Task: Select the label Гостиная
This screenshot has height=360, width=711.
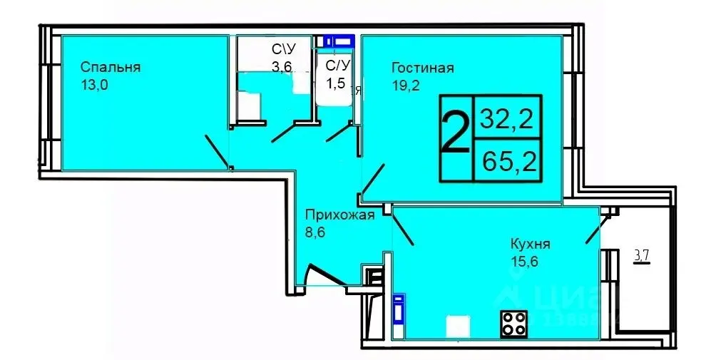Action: [422, 68]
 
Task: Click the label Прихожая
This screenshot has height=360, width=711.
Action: [339, 215]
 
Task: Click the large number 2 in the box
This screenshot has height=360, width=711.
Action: [455, 135]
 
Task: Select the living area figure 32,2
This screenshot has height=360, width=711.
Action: [508, 116]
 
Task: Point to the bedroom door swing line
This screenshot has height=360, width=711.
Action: [217, 150]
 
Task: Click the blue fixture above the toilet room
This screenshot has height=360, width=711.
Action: [338, 41]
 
